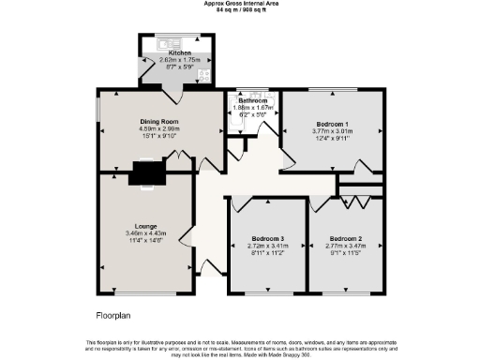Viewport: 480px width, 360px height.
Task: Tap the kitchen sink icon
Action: click(170, 43)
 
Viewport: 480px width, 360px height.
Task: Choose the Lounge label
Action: click(144, 226)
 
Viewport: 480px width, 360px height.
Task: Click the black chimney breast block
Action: click(145, 172)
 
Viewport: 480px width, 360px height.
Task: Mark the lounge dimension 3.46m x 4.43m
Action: click(144, 232)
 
